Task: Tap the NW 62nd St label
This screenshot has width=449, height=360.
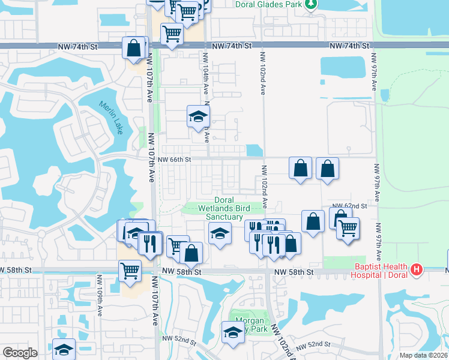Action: coord(351,206)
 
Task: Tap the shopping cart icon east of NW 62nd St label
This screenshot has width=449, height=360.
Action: coord(348,229)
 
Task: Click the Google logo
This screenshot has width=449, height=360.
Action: coord(20,353)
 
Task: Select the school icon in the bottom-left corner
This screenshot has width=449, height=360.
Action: coord(64,349)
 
